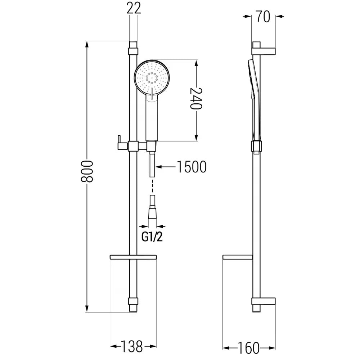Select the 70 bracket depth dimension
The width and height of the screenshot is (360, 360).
(x=263, y=17)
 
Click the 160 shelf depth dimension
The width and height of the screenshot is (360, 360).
(x=249, y=348)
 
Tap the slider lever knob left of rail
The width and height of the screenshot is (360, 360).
(x=119, y=142)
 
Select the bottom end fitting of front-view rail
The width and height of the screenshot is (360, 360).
(x=133, y=305)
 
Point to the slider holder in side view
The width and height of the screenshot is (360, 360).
(x=256, y=147)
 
